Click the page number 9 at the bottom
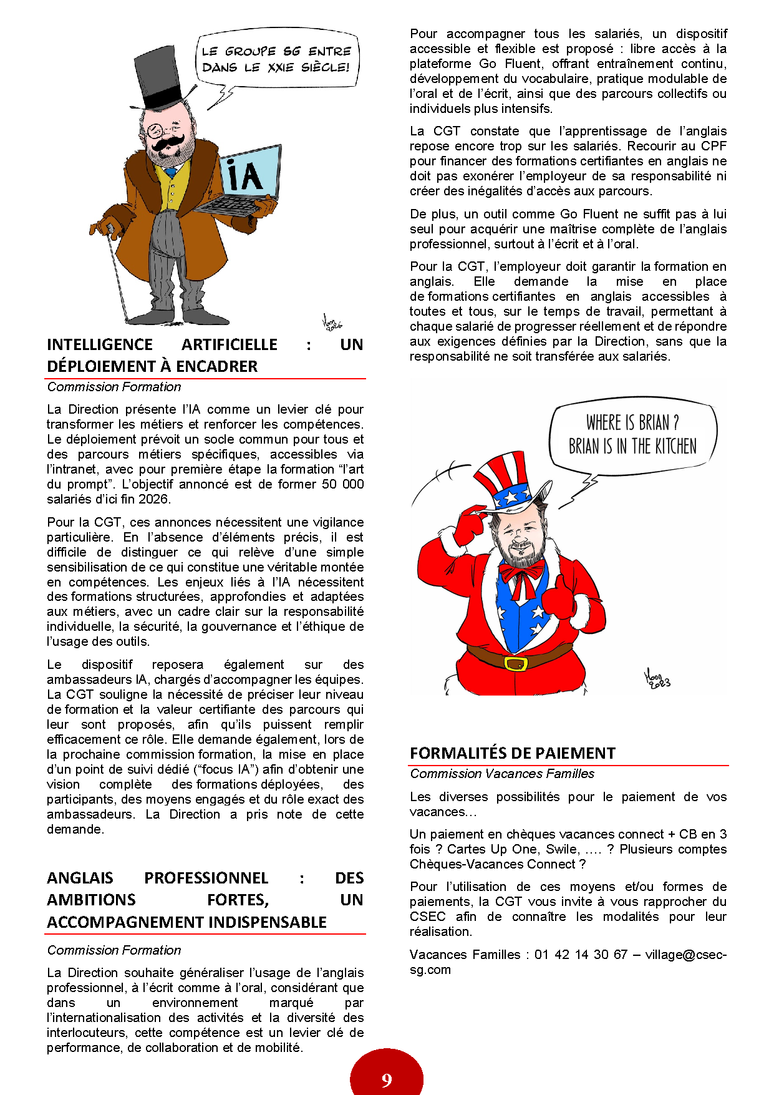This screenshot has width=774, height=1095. coord(387,1080)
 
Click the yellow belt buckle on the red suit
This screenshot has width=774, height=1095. coord(516,663)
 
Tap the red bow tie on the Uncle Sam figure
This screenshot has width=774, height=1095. coord(521,572)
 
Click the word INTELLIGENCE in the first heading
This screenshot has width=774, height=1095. coord(100,344)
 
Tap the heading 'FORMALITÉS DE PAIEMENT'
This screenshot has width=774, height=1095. coord(513,753)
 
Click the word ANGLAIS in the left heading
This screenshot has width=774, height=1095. coord(80,878)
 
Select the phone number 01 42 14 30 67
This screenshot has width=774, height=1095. coord(581,954)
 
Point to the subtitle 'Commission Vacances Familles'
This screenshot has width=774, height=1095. coord(502,774)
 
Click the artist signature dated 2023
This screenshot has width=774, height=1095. coord(656,679)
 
